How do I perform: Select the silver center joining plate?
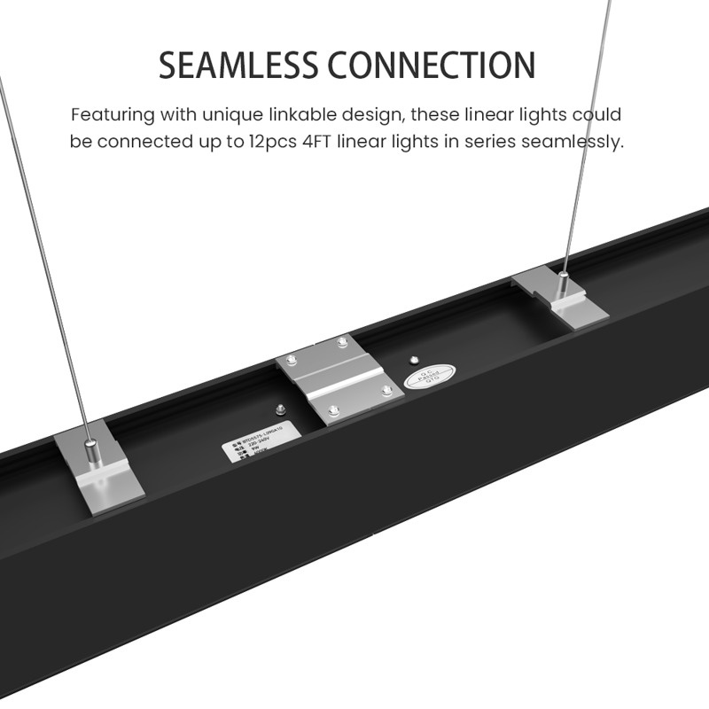point(340,378)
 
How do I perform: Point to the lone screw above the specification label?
point(279,409)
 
